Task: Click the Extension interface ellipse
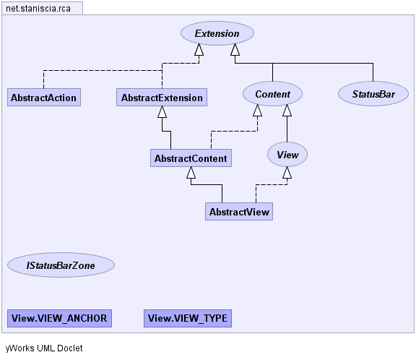217,33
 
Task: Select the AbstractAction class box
44,98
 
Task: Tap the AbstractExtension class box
162,98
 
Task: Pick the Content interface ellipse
272,94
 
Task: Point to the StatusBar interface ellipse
373,94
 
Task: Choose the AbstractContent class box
191,158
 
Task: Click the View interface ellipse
287,155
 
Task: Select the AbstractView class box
239,212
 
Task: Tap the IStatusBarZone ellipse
61,265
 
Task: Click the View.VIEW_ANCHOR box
59,318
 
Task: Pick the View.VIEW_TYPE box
188,318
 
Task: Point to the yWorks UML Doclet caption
44,348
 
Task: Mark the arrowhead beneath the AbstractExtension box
162,112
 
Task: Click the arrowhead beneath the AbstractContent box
191,173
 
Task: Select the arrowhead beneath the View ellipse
287,173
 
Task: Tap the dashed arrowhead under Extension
199,50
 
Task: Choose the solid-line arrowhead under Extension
235,50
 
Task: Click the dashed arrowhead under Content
257,111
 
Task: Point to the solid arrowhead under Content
287,111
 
